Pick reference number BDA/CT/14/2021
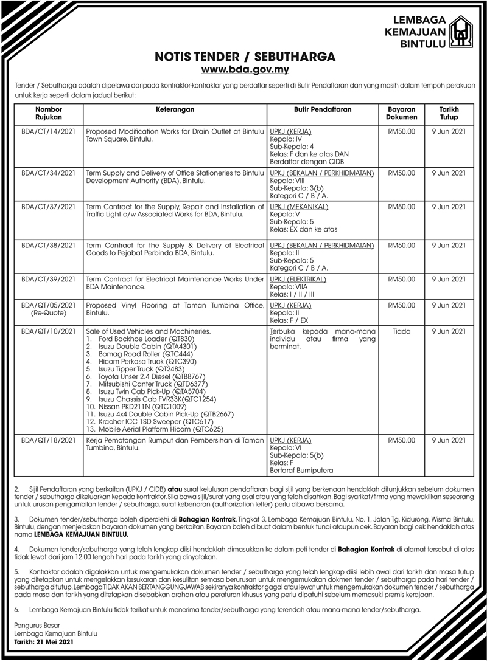[x=49, y=131]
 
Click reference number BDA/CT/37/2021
[x=49, y=207]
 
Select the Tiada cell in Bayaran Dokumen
[x=402, y=331]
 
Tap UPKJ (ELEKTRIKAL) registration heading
[x=298, y=279]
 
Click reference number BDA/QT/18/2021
[x=49, y=441]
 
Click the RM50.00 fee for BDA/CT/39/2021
[x=402, y=279]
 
